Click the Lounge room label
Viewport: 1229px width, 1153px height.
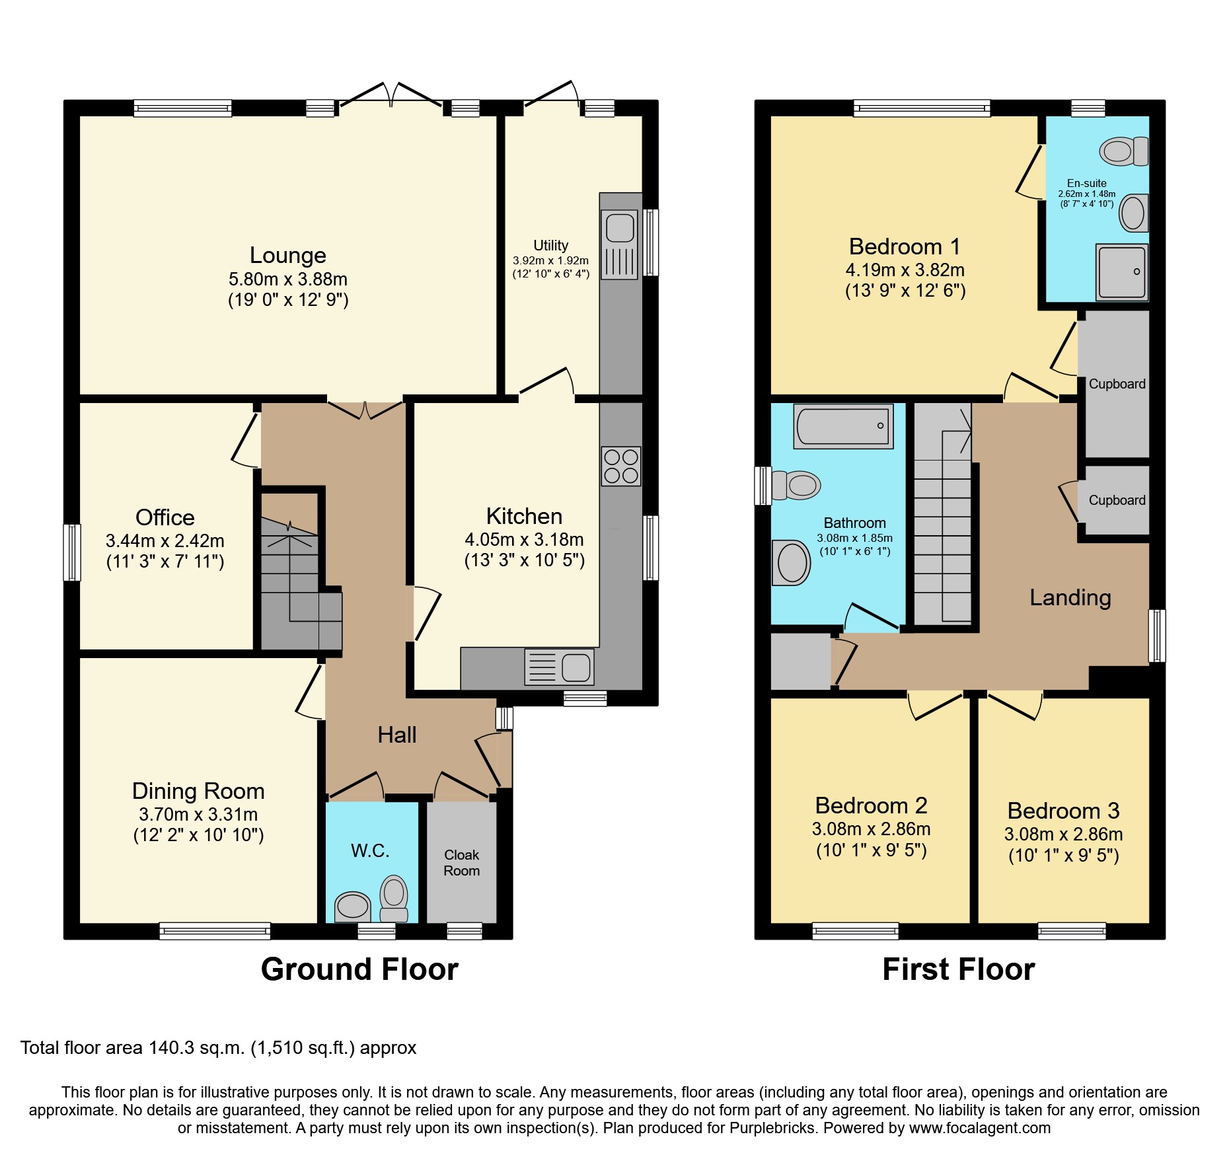tap(287, 255)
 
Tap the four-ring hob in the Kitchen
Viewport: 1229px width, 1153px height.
tap(620, 466)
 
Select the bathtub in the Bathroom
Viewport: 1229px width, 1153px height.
tap(843, 426)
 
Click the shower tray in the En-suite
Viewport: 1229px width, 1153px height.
tap(1121, 272)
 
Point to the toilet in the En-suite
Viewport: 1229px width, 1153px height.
tap(1123, 151)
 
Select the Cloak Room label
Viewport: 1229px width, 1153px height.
tap(461, 863)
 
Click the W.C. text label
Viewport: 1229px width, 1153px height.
tap(370, 850)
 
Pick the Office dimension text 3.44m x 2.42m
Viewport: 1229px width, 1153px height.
tap(165, 541)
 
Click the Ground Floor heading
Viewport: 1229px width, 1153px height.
tap(359, 969)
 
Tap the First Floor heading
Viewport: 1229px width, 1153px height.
tap(958, 969)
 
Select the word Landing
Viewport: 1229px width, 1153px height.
tap(1070, 597)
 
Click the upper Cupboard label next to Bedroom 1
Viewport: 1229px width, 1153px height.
tap(1117, 384)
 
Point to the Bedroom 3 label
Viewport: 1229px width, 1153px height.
tap(1063, 811)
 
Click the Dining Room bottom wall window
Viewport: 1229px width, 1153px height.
tap(215, 930)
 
